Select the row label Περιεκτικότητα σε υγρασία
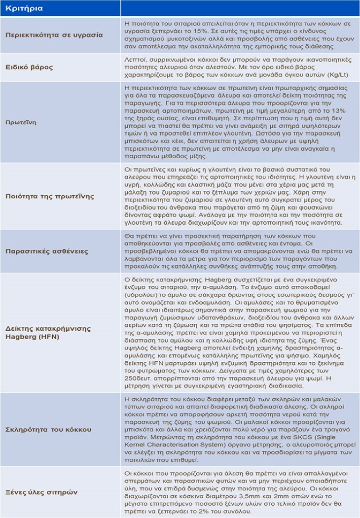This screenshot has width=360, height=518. pyautogui.click(x=54, y=35)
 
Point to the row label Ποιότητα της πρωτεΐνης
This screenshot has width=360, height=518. pyautogui.click(x=49, y=197)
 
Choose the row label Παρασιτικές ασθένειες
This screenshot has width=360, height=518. pyautogui.click(x=47, y=251)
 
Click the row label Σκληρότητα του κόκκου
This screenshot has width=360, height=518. pyautogui.click(x=48, y=430)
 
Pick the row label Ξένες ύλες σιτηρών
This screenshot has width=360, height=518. pyautogui.click(x=41, y=492)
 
